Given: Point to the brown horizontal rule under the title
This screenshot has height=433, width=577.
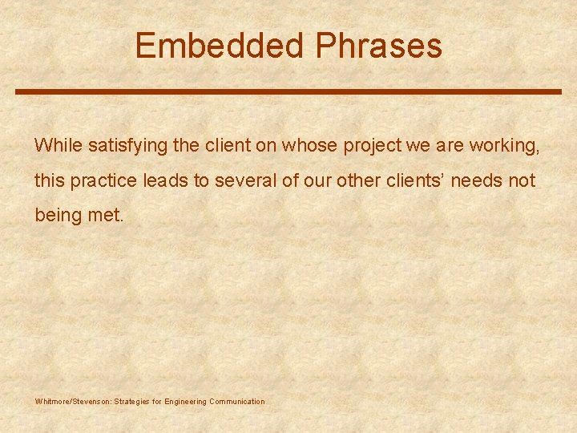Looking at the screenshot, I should tap(288, 91).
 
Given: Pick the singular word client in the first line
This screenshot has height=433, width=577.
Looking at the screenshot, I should tap(211, 145).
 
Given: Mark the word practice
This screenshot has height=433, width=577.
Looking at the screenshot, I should tap(104, 180).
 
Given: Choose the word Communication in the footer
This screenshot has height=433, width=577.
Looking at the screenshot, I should tap(236, 401).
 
